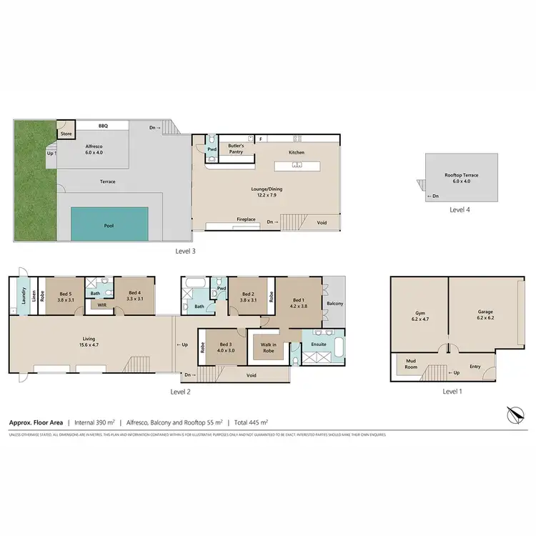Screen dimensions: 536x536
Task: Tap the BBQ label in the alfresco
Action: (103, 125)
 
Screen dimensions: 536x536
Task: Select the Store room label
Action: (66, 133)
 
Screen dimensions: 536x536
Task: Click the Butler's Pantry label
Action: (236, 149)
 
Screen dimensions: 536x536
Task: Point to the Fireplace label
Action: (247, 219)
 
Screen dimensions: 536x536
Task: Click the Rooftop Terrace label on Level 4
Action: (461, 176)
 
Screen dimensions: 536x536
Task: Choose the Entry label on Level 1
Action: (475, 367)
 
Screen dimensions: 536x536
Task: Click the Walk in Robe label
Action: (268, 347)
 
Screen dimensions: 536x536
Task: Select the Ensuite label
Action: (318, 344)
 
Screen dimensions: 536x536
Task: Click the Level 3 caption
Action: (185, 251)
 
